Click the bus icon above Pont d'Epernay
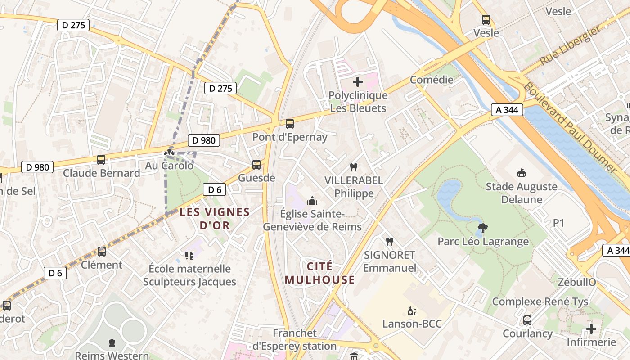pyautogui.click(x=290, y=123)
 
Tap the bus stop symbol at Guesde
pyautogui.click(x=256, y=165)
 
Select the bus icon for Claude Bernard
pyautogui.click(x=101, y=160)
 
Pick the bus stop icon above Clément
pyautogui.click(x=102, y=252)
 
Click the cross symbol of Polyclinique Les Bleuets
pyautogui.click(x=358, y=82)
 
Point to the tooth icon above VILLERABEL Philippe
pyautogui.click(x=354, y=167)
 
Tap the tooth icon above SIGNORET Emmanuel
pyautogui.click(x=390, y=242)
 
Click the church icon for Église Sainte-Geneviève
pyautogui.click(x=312, y=201)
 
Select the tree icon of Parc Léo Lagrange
pyautogui.click(x=483, y=228)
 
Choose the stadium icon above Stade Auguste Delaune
pyautogui.click(x=522, y=173)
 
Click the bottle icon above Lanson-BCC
pyautogui.click(x=412, y=311)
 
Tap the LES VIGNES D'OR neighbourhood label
pyautogui.click(x=215, y=219)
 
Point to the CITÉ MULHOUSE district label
pyautogui.click(x=320, y=273)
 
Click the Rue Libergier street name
pyautogui.click(x=570, y=45)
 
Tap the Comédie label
pyautogui.click(x=432, y=80)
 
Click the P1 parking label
pyautogui.click(x=558, y=223)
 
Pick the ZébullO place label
pyautogui.click(x=577, y=282)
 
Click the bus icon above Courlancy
pyautogui.click(x=527, y=320)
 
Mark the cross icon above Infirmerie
pyautogui.click(x=591, y=329)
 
